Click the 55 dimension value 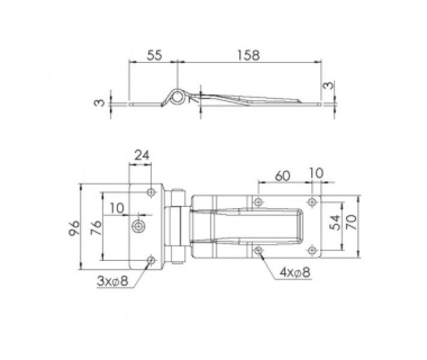154,55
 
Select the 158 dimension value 249,55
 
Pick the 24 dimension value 142,155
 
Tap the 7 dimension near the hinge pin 193,100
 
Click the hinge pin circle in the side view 178,97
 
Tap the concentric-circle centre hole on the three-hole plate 139,226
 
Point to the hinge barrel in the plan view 178,227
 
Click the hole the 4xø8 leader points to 258,249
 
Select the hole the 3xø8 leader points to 151,260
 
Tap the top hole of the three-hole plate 151,193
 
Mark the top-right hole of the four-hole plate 311,201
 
